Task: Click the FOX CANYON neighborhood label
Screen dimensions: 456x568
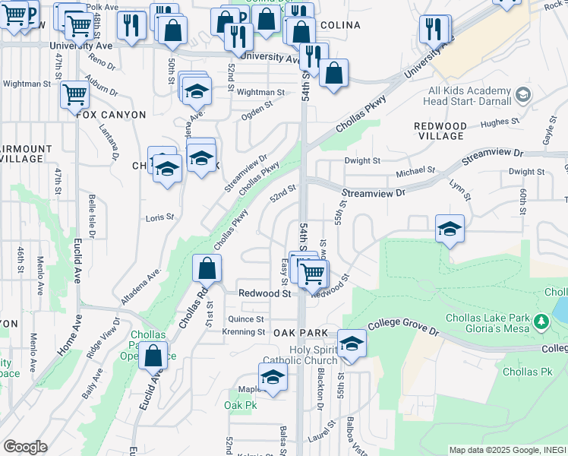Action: pyautogui.click(x=111, y=115)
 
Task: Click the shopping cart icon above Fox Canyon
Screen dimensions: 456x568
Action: pyautogui.click(x=74, y=95)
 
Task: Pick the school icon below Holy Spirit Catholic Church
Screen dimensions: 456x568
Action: pyautogui.click(x=273, y=378)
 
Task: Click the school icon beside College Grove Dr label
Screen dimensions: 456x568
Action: pyautogui.click(x=352, y=344)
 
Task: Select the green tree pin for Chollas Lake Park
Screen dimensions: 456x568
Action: pyautogui.click(x=541, y=322)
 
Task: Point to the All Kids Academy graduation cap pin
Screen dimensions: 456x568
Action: pyautogui.click(x=522, y=95)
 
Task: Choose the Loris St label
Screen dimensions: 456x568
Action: pyautogui.click(x=160, y=217)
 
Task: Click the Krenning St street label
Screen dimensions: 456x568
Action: pyautogui.click(x=243, y=332)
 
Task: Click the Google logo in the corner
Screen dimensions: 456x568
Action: pyautogui.click(x=25, y=447)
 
